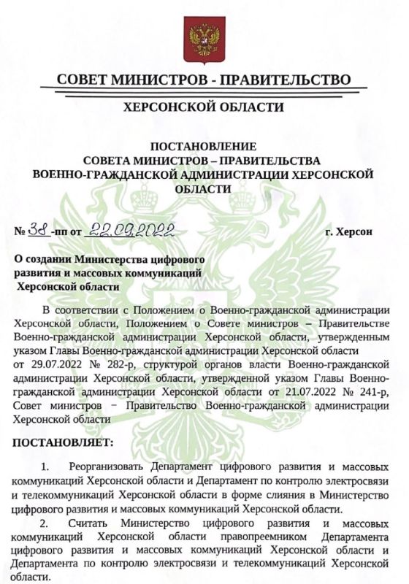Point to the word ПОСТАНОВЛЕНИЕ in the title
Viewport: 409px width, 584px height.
(x=204, y=147)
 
